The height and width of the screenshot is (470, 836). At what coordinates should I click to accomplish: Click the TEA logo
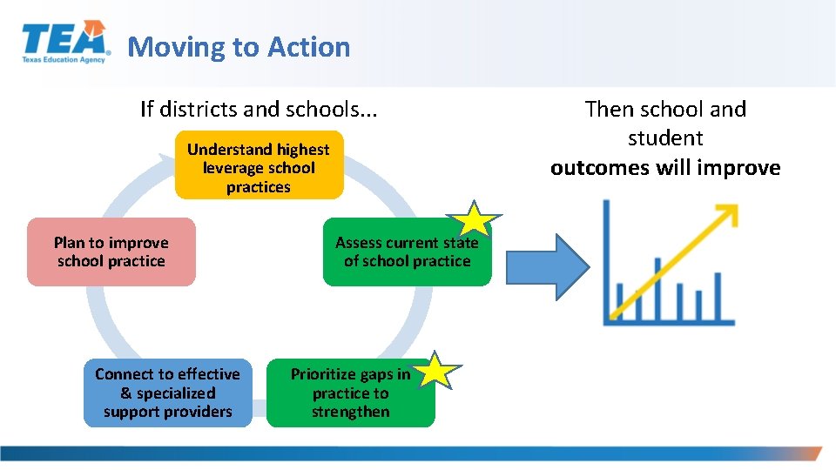tap(65, 42)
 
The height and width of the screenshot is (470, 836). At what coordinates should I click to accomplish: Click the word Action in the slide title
tap(309, 47)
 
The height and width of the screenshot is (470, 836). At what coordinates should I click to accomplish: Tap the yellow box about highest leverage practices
tap(259, 165)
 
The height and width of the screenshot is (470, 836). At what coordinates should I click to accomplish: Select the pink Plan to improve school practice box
tap(111, 252)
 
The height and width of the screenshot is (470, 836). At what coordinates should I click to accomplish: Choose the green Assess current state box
tap(407, 252)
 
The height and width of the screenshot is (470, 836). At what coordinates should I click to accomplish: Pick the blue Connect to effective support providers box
tap(167, 393)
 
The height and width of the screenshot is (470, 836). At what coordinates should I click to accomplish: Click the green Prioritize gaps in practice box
tap(350, 393)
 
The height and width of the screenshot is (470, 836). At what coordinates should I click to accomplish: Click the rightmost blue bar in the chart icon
tap(718, 296)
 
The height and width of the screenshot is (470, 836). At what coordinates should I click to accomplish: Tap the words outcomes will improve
tap(665, 167)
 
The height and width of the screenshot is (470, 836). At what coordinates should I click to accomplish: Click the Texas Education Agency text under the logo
tap(64, 60)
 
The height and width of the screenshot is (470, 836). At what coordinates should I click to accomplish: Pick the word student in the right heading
tap(665, 138)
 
